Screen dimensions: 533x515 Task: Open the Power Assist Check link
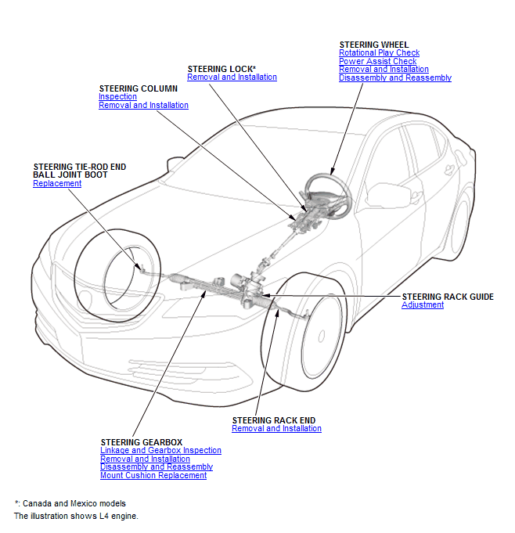[x=377, y=61]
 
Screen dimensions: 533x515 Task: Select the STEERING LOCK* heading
[x=222, y=69]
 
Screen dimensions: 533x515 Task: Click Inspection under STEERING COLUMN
[x=117, y=97]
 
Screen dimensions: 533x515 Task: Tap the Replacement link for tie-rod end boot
[x=57, y=183]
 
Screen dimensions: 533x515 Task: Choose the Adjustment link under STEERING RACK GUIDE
[x=423, y=305]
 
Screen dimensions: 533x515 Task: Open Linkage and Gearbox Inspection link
[x=160, y=451]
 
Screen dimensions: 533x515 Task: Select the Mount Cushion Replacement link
[x=153, y=476]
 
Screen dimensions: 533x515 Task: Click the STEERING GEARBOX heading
[x=141, y=442]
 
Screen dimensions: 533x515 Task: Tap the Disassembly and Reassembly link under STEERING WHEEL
[x=394, y=78]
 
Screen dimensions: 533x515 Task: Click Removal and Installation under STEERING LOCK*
[x=232, y=77]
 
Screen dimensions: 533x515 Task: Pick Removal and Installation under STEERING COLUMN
[x=143, y=106]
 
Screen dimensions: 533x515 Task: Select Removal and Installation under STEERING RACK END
[x=276, y=429]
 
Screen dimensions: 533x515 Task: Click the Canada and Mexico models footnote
[x=70, y=503]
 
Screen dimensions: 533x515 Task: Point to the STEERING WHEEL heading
[x=373, y=45]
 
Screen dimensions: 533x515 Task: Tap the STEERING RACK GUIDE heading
[x=448, y=297]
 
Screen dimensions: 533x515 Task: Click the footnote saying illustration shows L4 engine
[x=76, y=517]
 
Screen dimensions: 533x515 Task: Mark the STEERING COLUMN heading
[x=138, y=88]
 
